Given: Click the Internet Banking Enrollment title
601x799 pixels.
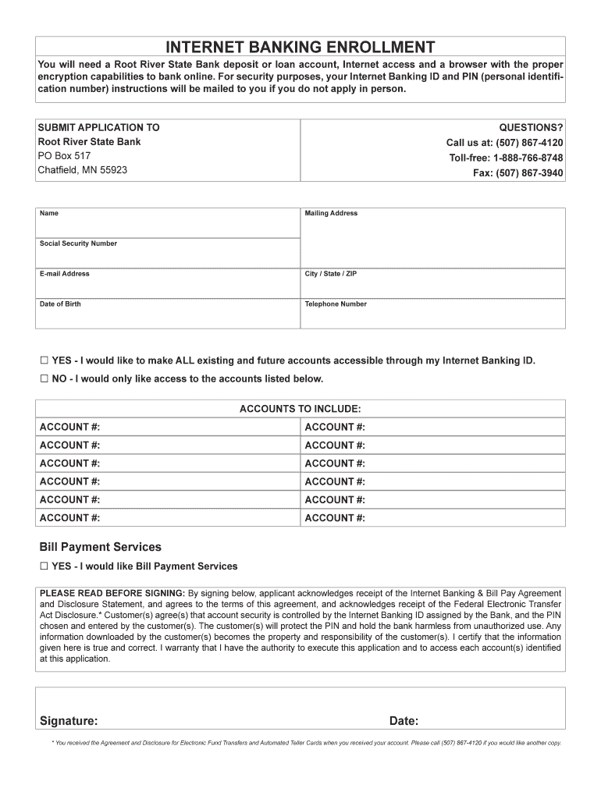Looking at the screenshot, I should (x=300, y=46).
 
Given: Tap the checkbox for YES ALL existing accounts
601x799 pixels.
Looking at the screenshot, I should (x=44, y=360).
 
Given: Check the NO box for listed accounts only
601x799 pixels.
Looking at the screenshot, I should (x=44, y=379).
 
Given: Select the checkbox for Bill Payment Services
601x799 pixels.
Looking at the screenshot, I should (x=44, y=566).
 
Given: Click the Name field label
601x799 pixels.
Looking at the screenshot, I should (x=49, y=213).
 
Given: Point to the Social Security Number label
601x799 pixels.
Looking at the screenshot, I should (x=78, y=243).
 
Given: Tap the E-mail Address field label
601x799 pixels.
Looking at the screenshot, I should (x=65, y=274).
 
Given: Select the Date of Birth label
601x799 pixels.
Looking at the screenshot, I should (x=60, y=304).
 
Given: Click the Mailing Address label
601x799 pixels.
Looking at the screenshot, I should (x=331, y=213).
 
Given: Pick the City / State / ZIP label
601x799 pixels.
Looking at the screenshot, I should (x=331, y=274).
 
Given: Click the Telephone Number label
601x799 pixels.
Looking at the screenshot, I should (x=336, y=304).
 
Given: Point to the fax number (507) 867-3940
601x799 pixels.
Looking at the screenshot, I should (x=517, y=173).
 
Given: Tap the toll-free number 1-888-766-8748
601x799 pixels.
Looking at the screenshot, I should (x=506, y=158).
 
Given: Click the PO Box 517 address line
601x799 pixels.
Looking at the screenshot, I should (x=65, y=156).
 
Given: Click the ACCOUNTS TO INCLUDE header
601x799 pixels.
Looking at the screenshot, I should (x=300, y=409).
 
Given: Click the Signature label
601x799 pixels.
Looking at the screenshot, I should (x=69, y=720).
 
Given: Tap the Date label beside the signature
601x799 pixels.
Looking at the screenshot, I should (x=404, y=720).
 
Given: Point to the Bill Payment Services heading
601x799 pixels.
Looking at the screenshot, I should (x=101, y=547).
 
